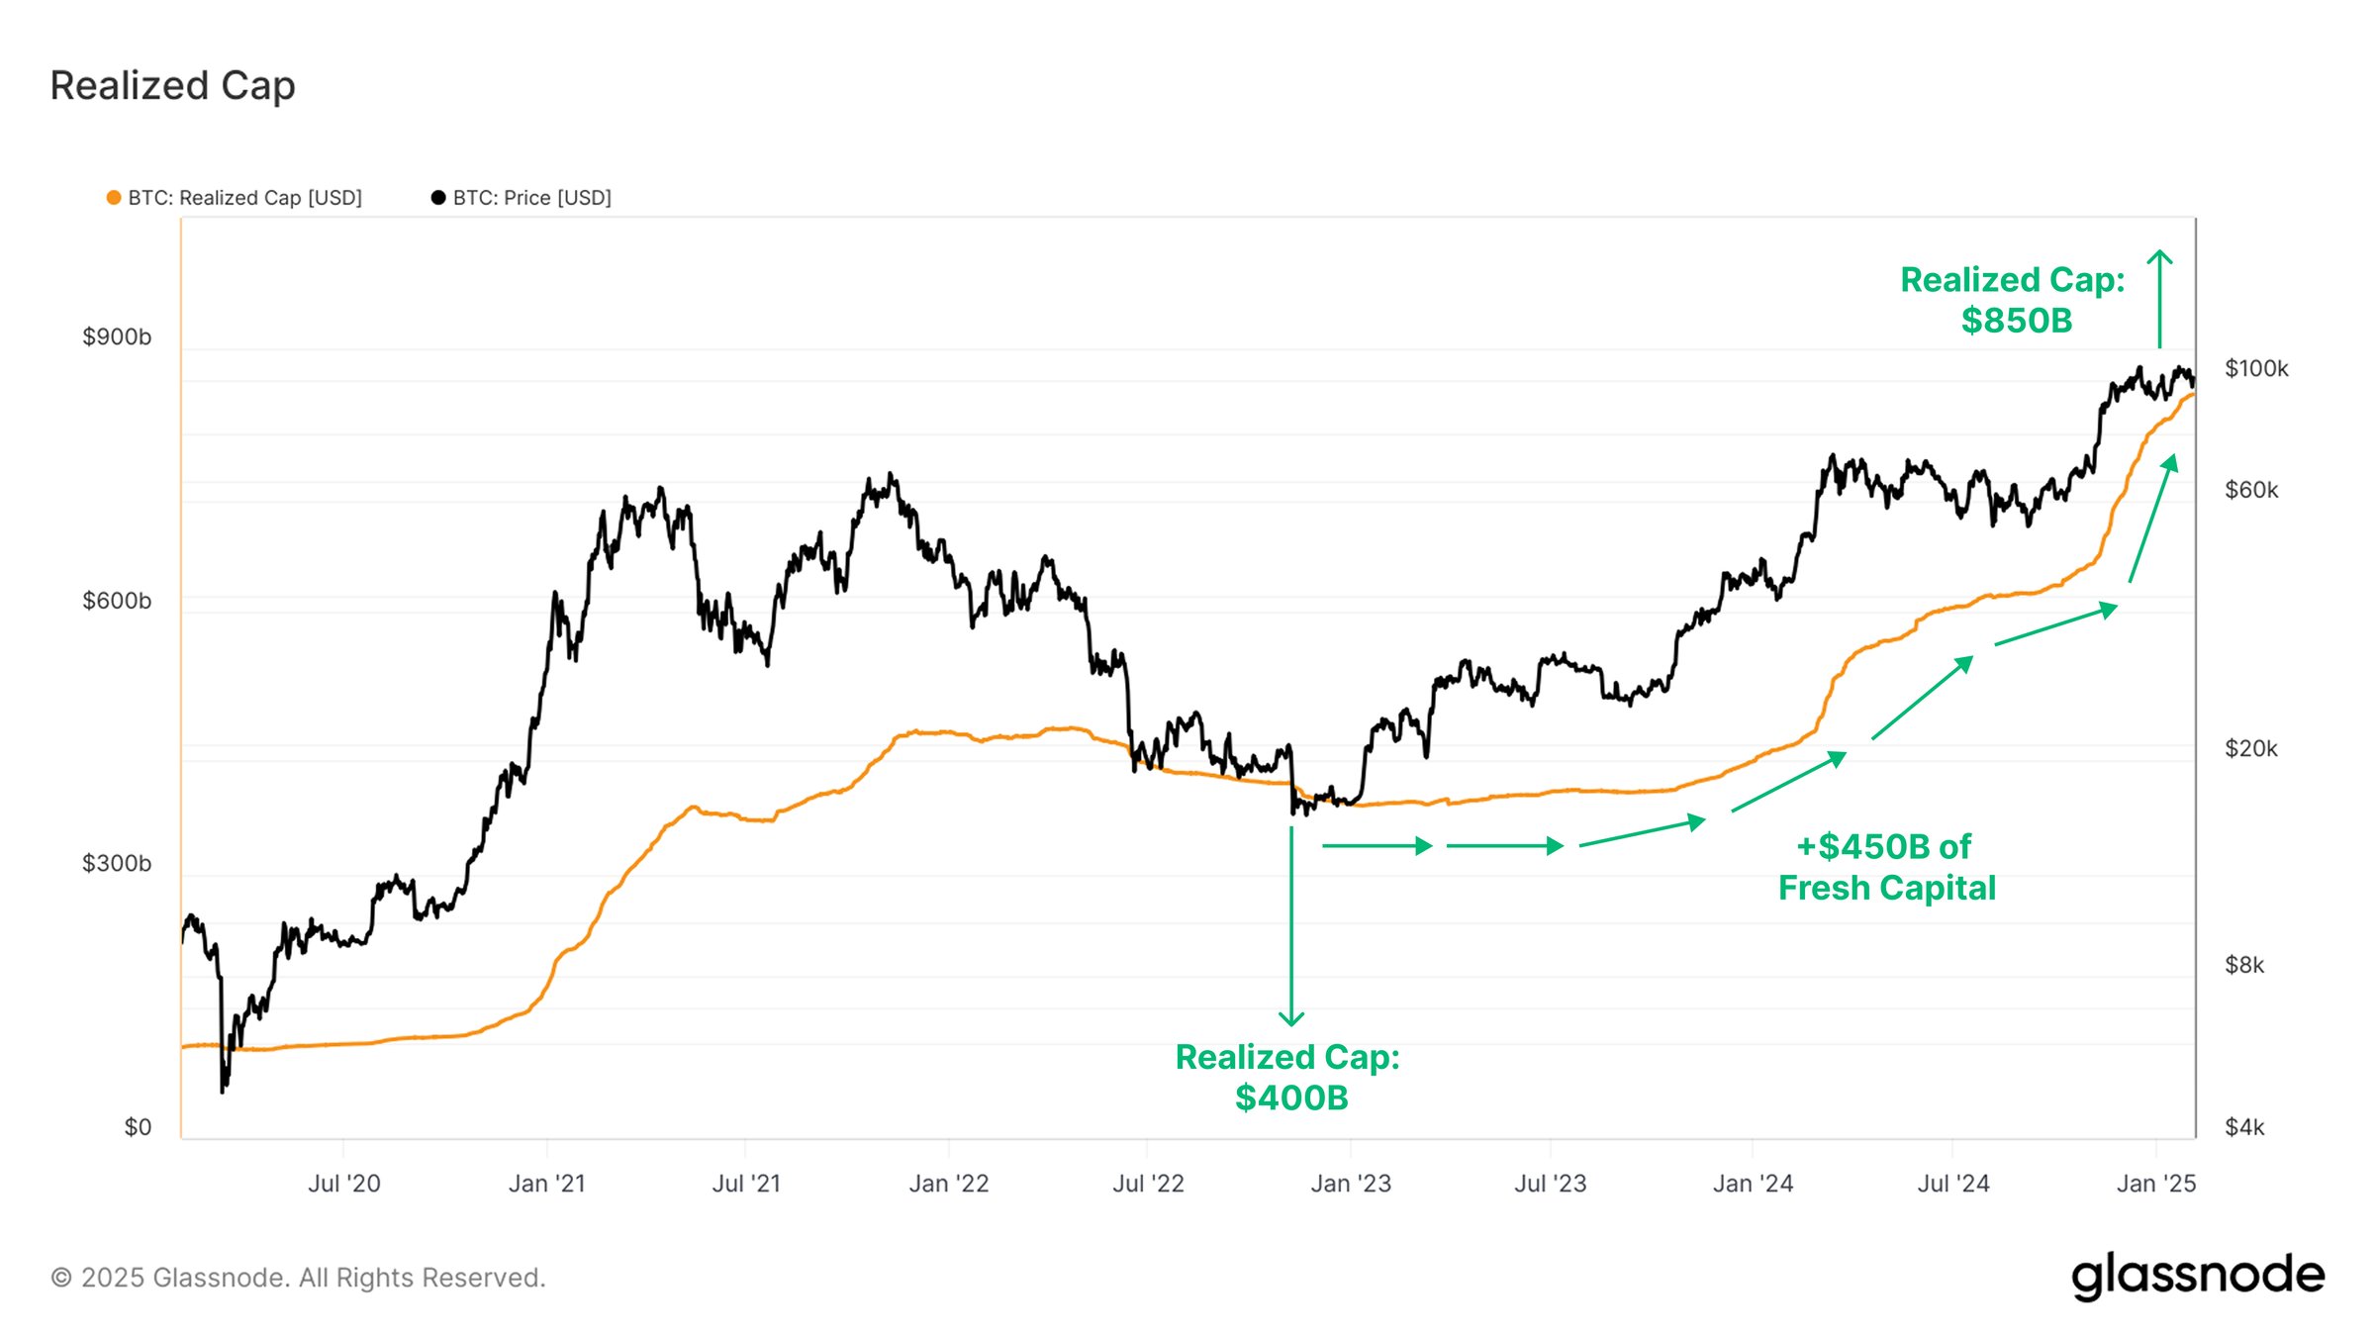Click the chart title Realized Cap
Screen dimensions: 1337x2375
(x=172, y=86)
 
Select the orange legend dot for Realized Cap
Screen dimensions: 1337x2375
(x=114, y=198)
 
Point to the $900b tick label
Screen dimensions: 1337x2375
(x=117, y=337)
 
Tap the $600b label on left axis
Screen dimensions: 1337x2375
(x=117, y=601)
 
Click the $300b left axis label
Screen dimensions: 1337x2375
(x=117, y=863)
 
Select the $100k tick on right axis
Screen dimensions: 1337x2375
(x=2255, y=369)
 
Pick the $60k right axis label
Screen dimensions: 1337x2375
(x=2250, y=490)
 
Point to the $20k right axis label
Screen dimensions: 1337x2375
(x=2250, y=748)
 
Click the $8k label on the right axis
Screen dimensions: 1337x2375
(x=2243, y=965)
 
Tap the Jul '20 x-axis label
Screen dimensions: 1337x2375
(x=343, y=1184)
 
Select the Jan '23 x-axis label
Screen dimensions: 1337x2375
(x=1351, y=1184)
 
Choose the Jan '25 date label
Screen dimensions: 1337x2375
(x=2155, y=1184)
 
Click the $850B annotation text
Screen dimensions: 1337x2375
(x=2016, y=321)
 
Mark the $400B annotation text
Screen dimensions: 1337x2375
(x=1290, y=1098)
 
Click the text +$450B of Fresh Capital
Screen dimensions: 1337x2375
(x=1885, y=867)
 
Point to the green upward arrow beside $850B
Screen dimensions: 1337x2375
(x=2159, y=297)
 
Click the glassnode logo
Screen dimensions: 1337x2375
(x=2197, y=1276)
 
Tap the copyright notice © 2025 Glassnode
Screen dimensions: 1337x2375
(x=298, y=1278)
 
